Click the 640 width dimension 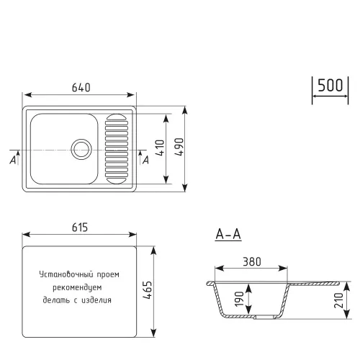coord(81,88)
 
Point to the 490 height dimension coord(180,149)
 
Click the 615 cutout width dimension coord(80,228)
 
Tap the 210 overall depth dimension coord(338,299)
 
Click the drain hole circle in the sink coord(81,149)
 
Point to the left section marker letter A coord(13,160)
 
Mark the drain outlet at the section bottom coord(256,316)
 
